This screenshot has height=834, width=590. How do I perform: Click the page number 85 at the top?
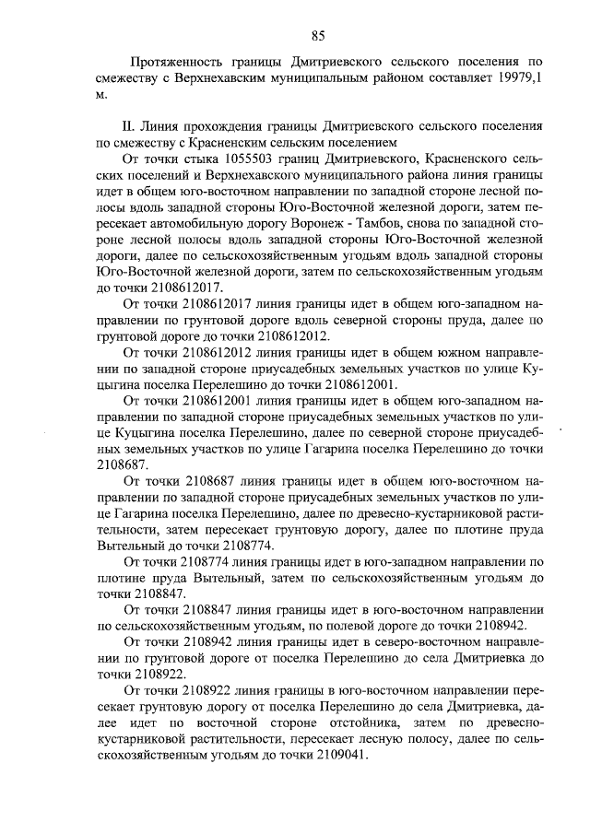[x=318, y=36]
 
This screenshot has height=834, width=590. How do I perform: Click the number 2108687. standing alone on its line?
[x=122, y=464]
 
